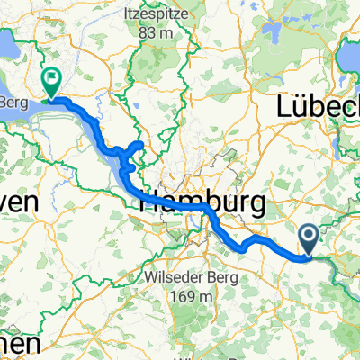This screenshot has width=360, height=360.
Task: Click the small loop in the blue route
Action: [135, 148]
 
